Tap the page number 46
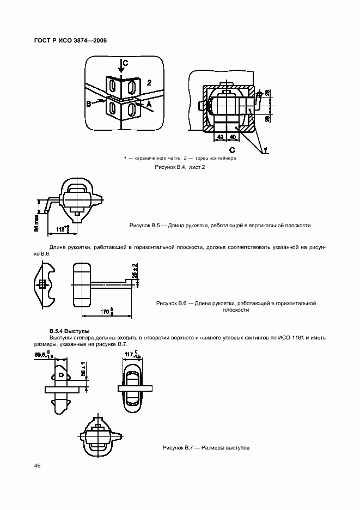(x=37, y=465)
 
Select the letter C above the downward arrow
(x=125, y=64)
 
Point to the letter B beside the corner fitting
(x=88, y=102)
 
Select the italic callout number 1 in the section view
(x=265, y=149)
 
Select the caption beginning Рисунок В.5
(x=220, y=224)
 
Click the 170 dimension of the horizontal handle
(x=107, y=312)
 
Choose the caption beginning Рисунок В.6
(x=236, y=306)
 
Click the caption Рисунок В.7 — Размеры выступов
(x=206, y=447)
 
